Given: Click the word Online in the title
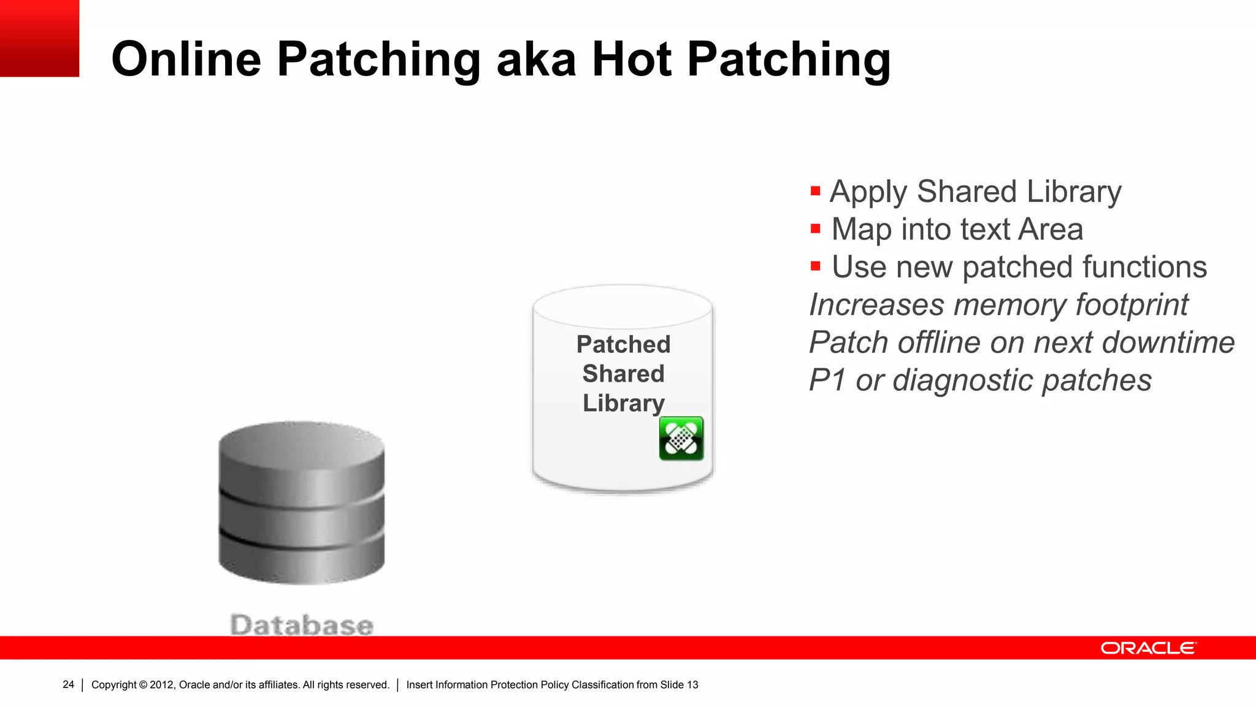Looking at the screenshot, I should (186, 60).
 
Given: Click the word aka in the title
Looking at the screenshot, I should (536, 60).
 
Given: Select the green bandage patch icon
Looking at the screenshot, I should (681, 439).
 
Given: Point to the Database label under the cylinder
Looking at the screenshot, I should (302, 625).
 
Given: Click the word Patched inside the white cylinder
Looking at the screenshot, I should (623, 344).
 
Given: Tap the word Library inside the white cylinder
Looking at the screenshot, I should (623, 403).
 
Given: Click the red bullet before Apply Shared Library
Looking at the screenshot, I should (815, 191).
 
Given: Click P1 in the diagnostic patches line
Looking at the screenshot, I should (827, 381).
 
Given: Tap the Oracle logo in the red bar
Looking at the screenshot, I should (1148, 648).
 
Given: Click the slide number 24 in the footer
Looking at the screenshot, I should (68, 685).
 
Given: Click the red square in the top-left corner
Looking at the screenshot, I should (39, 38).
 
